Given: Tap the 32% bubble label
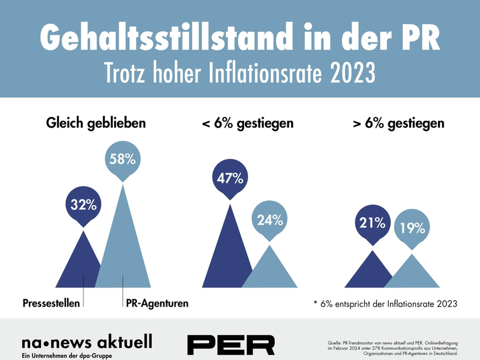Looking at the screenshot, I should pyautogui.click(x=84, y=205).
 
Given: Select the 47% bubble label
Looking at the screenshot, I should pyautogui.click(x=230, y=178).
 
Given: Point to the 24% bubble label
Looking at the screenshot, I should pyautogui.click(x=269, y=220).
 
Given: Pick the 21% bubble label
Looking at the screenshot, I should pyautogui.click(x=372, y=223).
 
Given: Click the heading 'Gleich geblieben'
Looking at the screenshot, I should pyautogui.click(x=96, y=124).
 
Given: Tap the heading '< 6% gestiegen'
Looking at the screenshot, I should pyautogui.click(x=247, y=124).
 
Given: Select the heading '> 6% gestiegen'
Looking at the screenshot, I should pyautogui.click(x=398, y=124).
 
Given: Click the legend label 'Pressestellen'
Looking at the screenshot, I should pyautogui.click(x=52, y=304).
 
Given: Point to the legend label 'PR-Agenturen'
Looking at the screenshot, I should pyautogui.click(x=156, y=304).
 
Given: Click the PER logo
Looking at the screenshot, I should pyautogui.click(x=230, y=344).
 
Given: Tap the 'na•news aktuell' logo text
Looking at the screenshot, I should pyautogui.click(x=86, y=342).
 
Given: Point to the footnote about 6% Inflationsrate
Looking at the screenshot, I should pyautogui.click(x=385, y=304).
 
